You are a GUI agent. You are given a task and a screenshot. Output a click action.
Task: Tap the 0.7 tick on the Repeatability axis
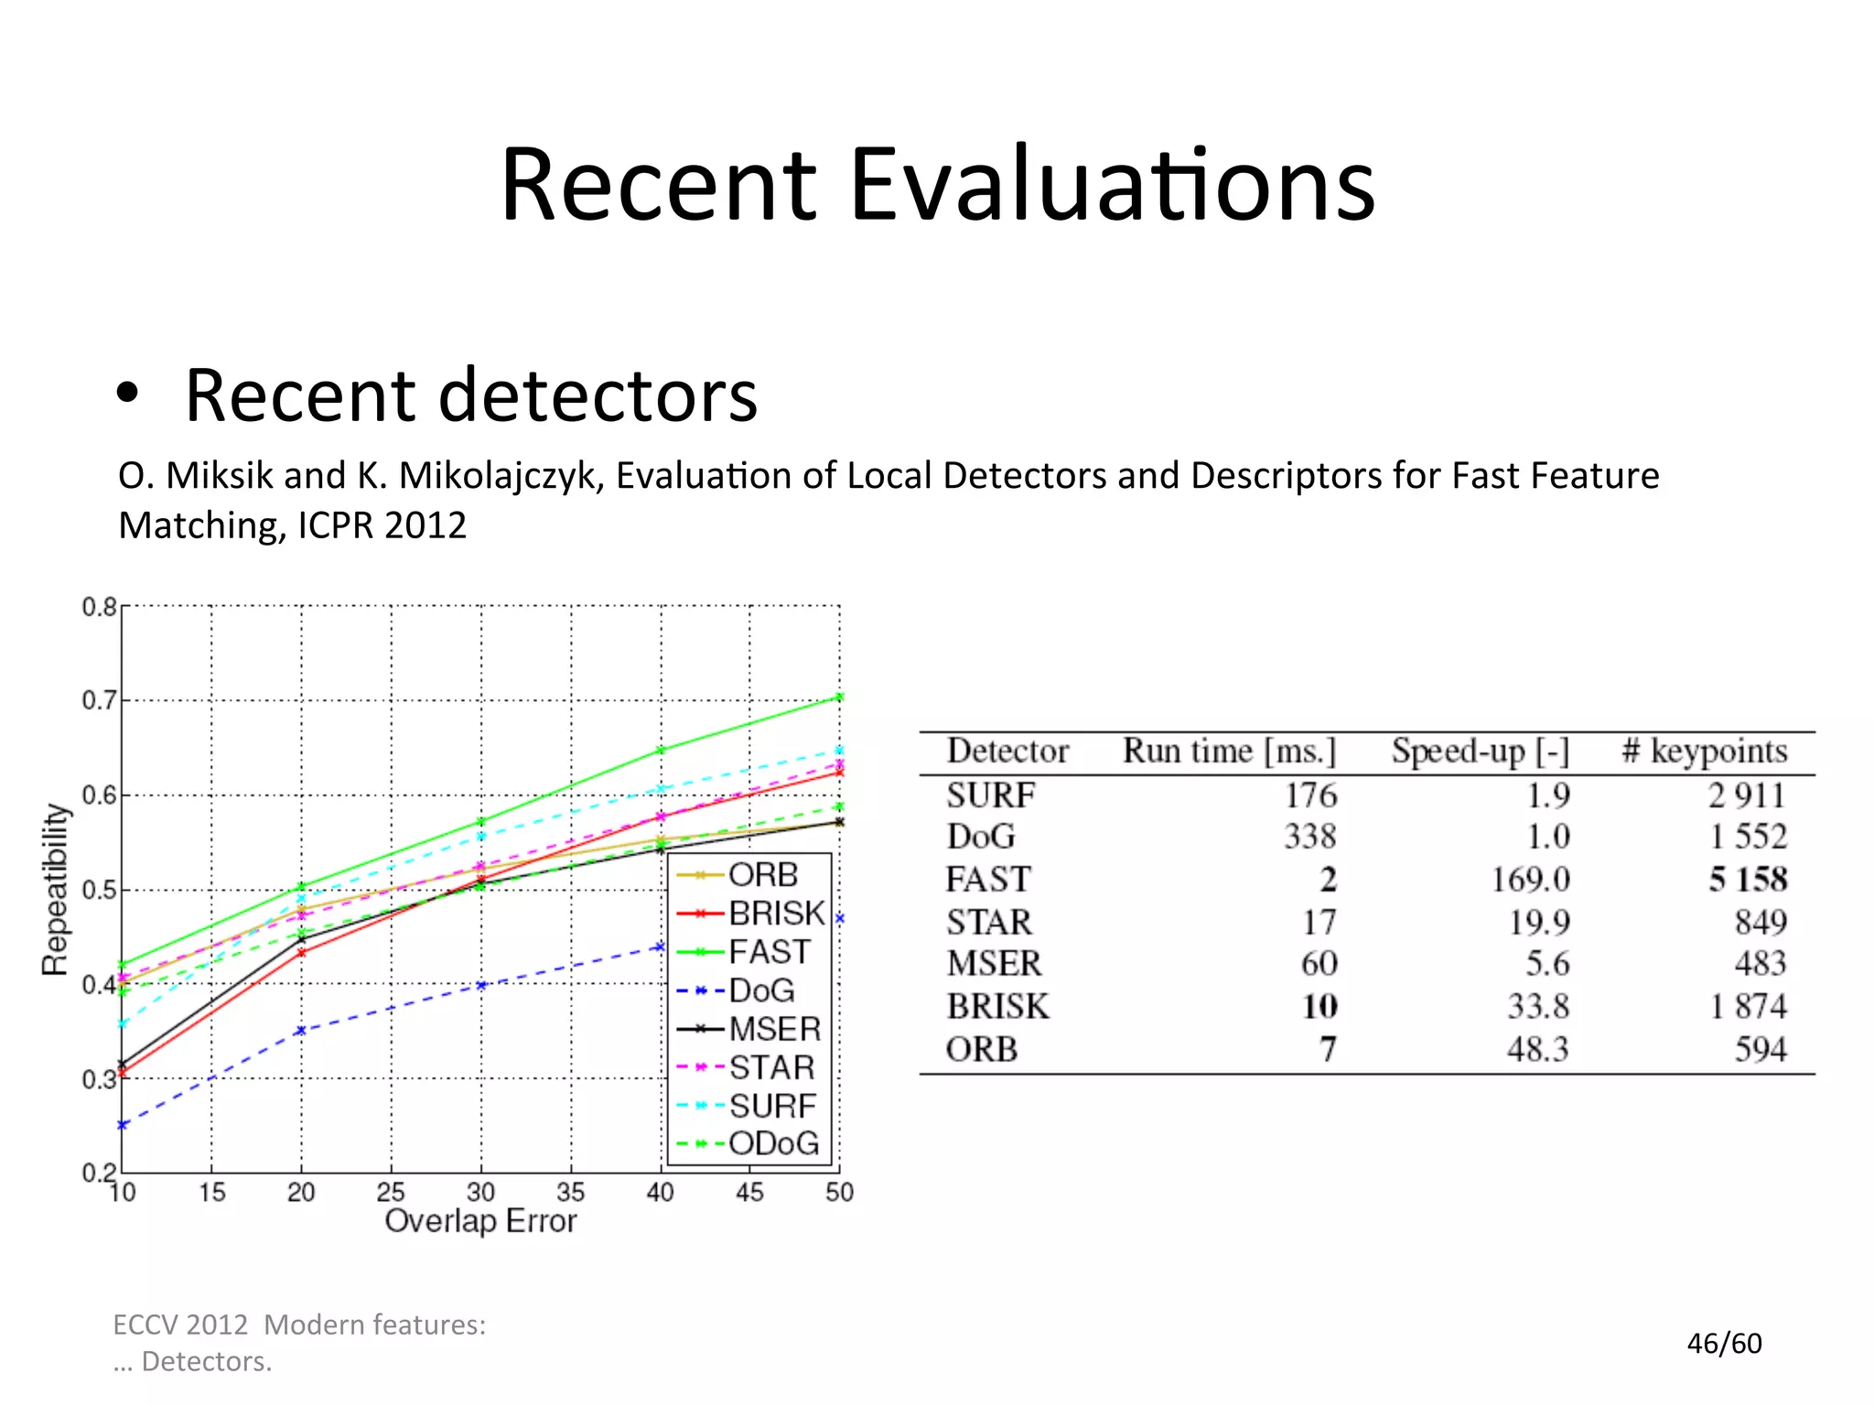tap(99, 701)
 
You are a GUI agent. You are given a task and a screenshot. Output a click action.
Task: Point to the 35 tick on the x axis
tap(570, 1192)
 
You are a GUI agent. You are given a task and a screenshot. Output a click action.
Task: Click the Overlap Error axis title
tap(480, 1221)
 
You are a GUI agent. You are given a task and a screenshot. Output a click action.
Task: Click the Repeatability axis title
tap(55, 889)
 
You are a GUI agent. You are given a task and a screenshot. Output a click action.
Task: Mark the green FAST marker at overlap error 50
tap(839, 698)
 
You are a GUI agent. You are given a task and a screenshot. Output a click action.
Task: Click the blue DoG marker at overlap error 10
tap(123, 1124)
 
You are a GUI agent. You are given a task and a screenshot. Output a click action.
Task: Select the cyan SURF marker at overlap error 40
tap(660, 788)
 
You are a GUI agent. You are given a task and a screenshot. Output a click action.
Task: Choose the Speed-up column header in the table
tap(1480, 752)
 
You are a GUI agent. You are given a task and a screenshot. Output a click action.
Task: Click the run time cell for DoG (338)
tap(1309, 837)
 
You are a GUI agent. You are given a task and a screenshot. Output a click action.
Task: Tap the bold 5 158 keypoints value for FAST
tap(1747, 880)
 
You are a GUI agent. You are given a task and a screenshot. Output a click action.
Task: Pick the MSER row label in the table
tap(994, 964)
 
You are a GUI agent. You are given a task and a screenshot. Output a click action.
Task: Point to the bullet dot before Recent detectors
tap(128, 394)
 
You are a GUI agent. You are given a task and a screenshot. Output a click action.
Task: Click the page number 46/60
tap(1724, 1343)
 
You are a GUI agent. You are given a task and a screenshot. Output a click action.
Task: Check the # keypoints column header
tap(1704, 752)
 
